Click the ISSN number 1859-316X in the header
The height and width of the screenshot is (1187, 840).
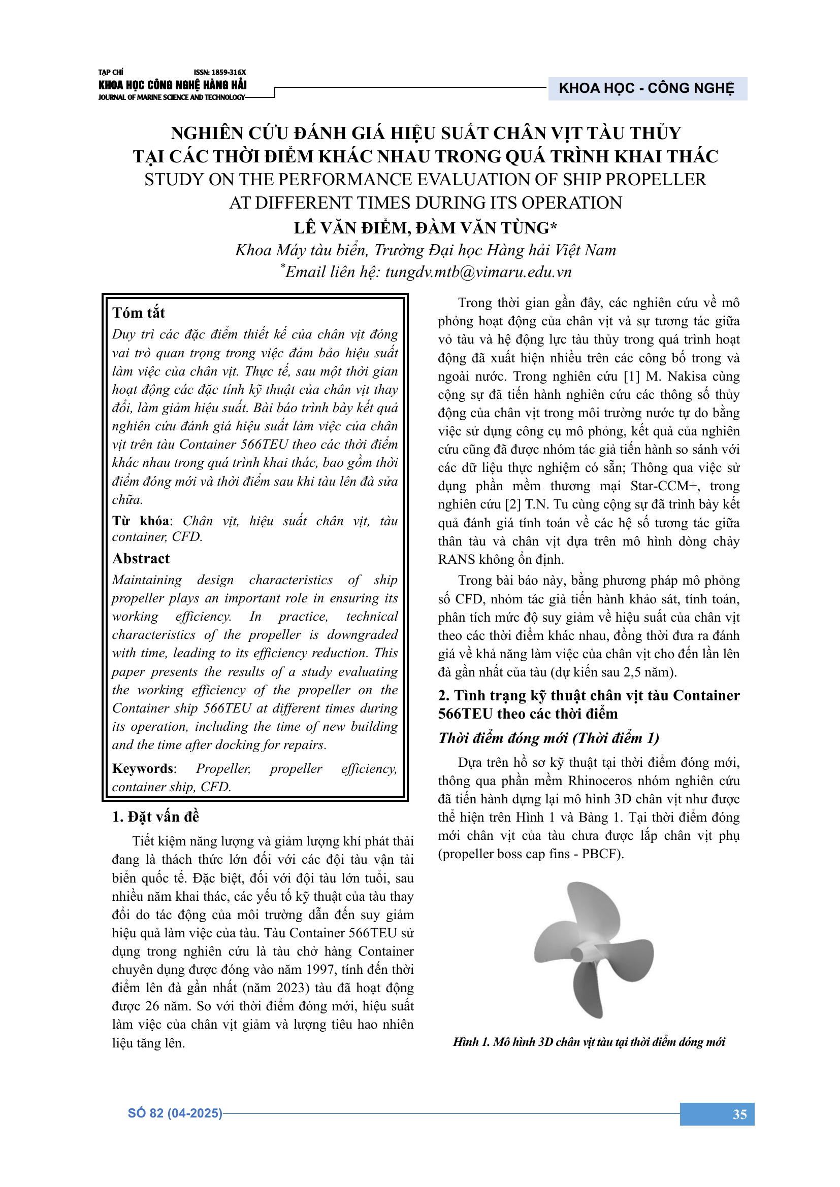[220, 73]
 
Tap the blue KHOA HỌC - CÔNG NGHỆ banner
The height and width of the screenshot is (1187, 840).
[647, 88]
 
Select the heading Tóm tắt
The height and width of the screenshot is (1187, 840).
[139, 313]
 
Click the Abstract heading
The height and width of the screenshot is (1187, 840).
[141, 559]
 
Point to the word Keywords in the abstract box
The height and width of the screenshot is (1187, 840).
[143, 769]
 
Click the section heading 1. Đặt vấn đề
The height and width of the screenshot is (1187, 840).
[156, 817]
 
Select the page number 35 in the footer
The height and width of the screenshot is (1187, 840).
[739, 1114]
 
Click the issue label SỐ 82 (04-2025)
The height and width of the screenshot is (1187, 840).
[175, 1113]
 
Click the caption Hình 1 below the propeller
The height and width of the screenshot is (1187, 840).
[589, 1042]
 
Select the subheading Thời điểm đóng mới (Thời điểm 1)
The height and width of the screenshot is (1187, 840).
[549, 738]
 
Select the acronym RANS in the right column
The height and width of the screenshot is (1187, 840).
[456, 560]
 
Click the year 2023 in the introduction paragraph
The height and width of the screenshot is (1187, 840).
[293, 988]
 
